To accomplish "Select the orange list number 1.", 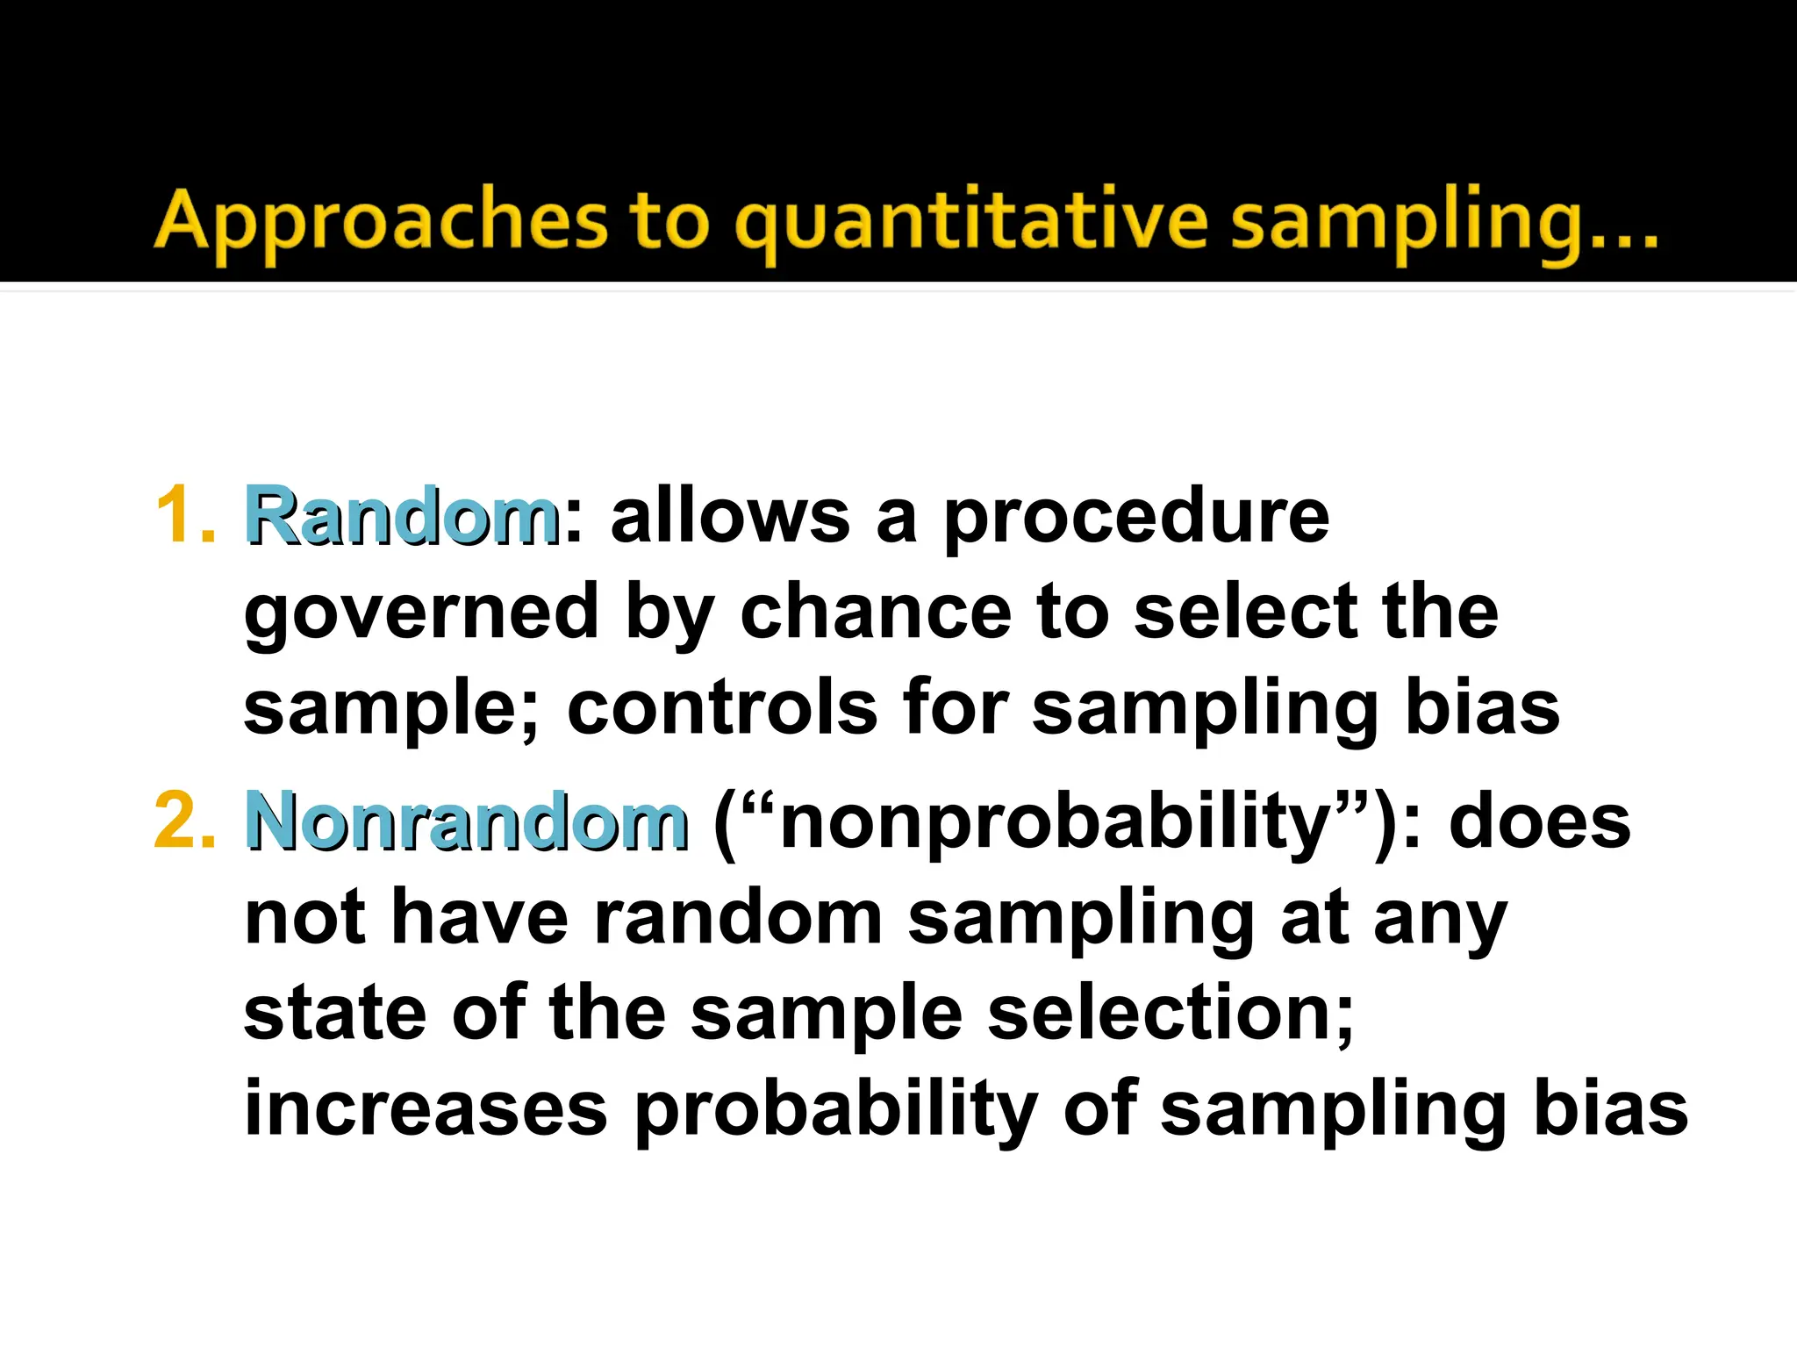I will (x=184, y=515).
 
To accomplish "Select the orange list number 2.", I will (x=184, y=821).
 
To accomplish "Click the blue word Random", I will (x=401, y=515).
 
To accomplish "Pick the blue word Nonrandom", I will (x=466, y=821).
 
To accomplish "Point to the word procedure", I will (x=1136, y=518).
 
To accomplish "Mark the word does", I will (x=1539, y=821).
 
